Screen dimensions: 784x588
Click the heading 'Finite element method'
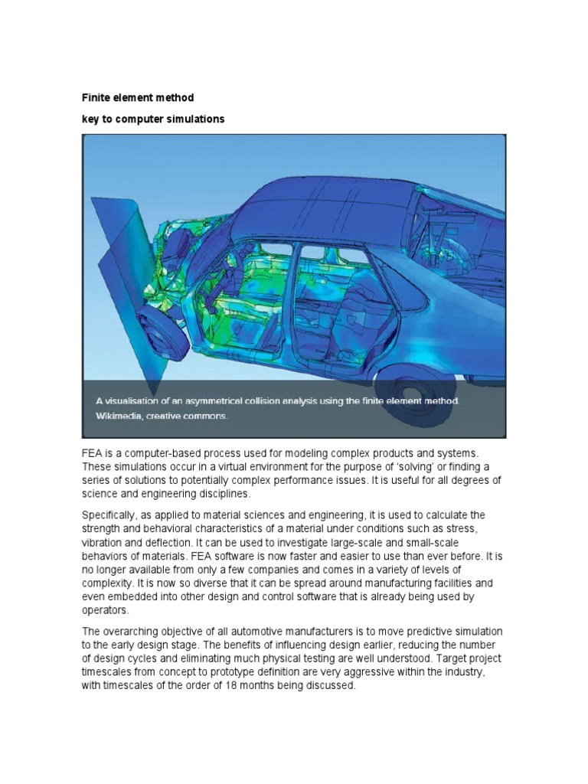click(x=138, y=98)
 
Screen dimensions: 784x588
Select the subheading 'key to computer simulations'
click(x=153, y=120)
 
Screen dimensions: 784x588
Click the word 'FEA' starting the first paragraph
click(x=93, y=455)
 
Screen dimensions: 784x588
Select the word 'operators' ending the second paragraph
click(x=106, y=611)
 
